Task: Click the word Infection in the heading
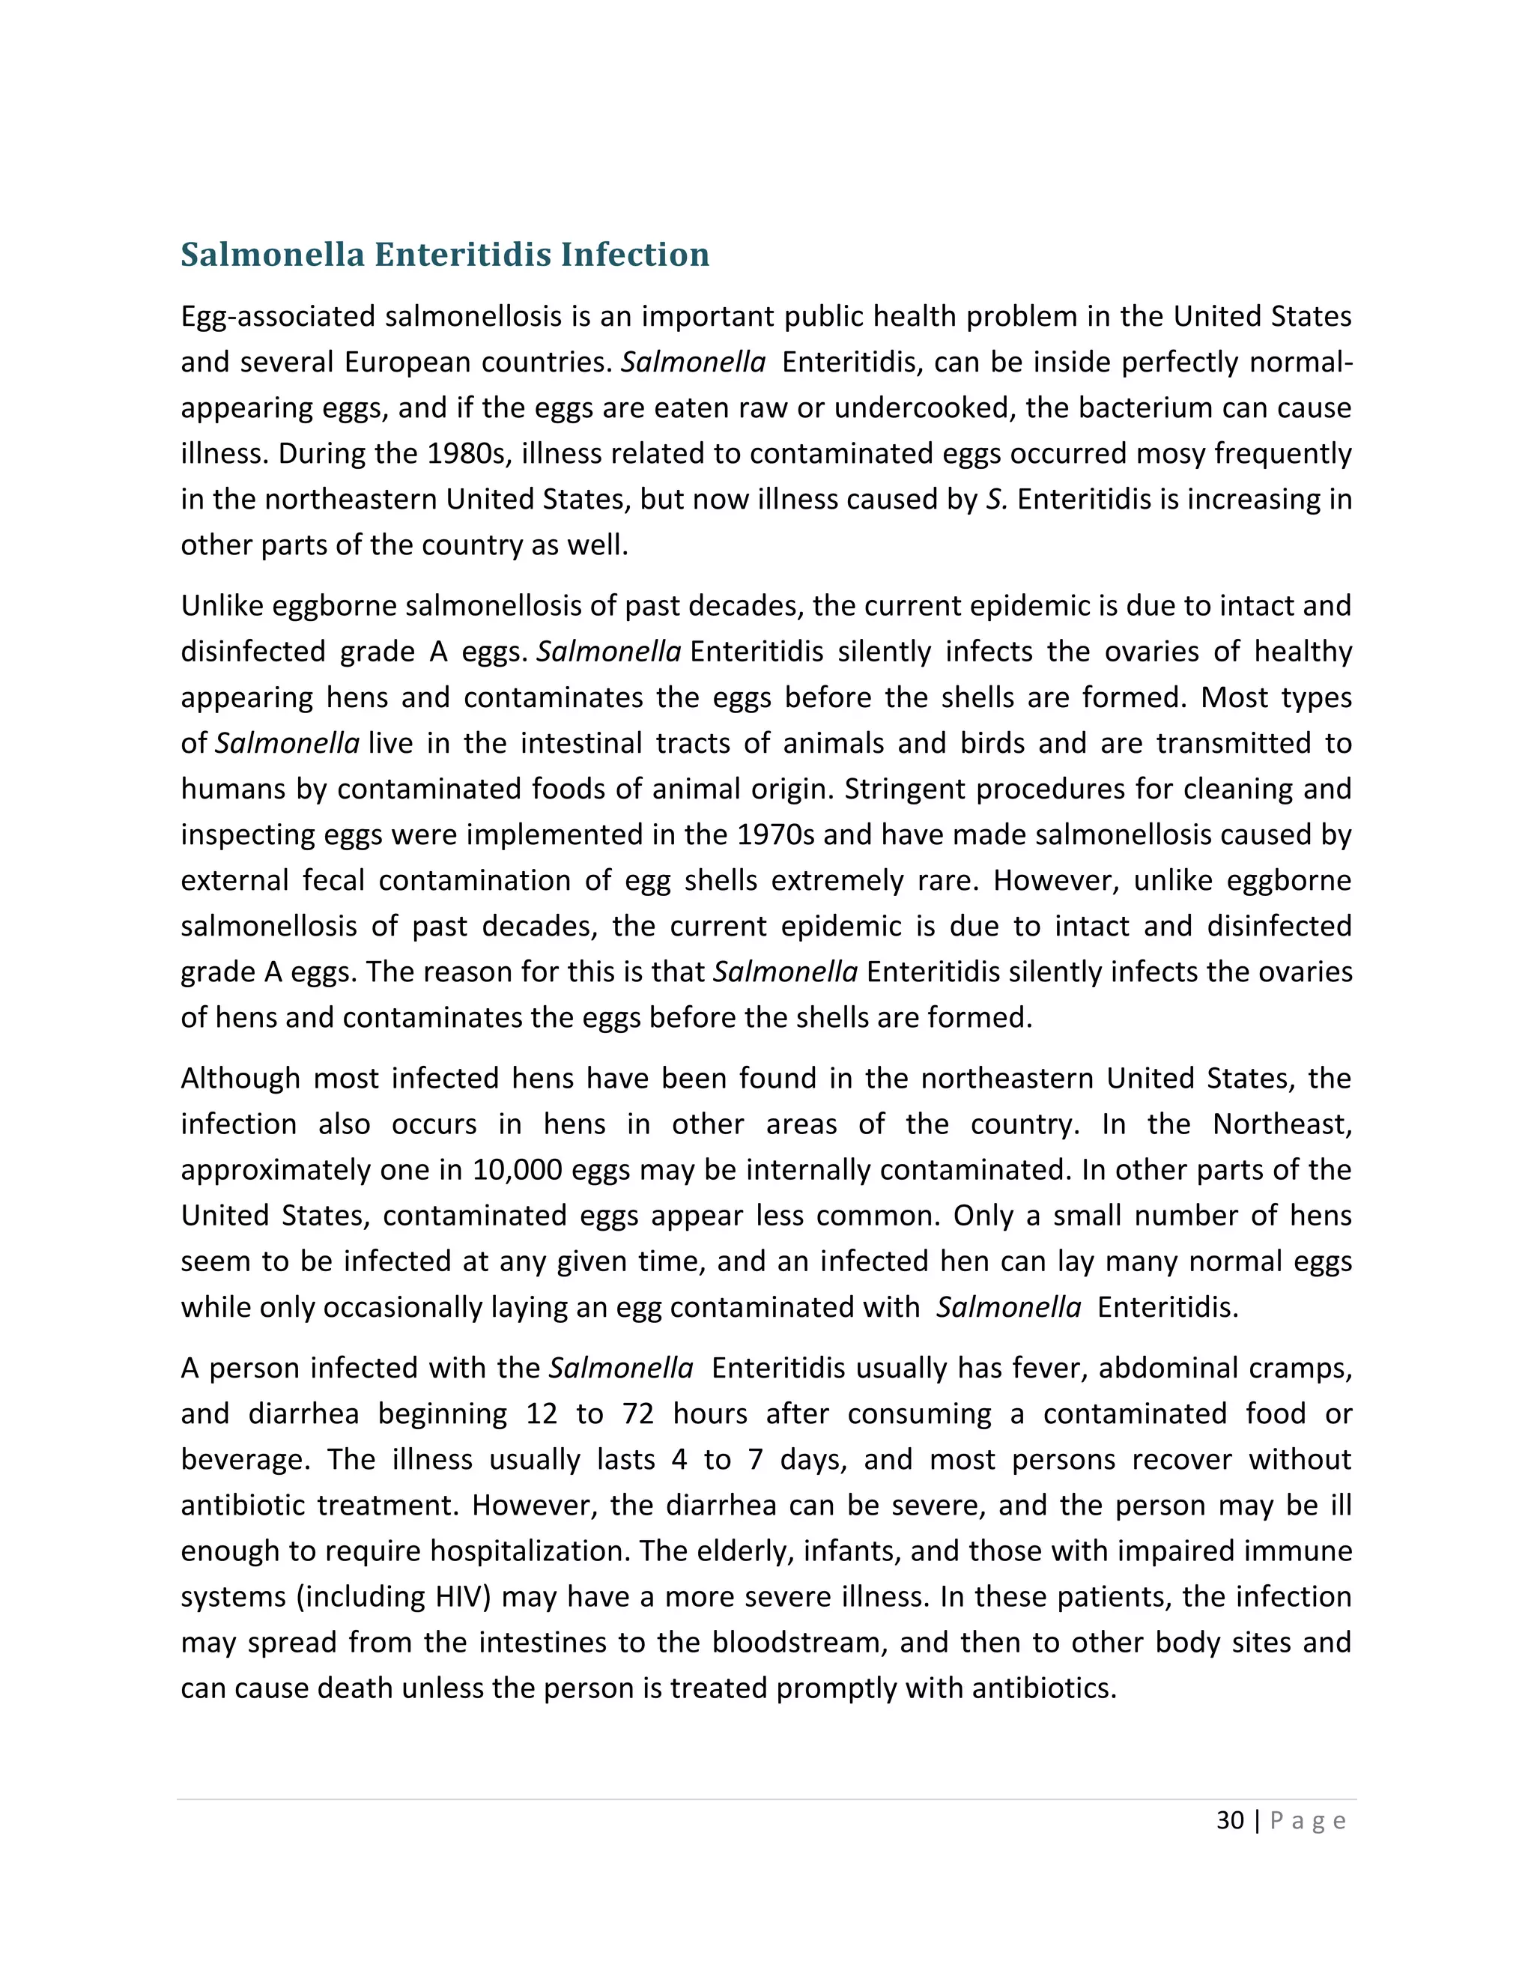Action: (634, 255)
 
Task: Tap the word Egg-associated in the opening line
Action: (278, 316)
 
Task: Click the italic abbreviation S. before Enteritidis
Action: (996, 499)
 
